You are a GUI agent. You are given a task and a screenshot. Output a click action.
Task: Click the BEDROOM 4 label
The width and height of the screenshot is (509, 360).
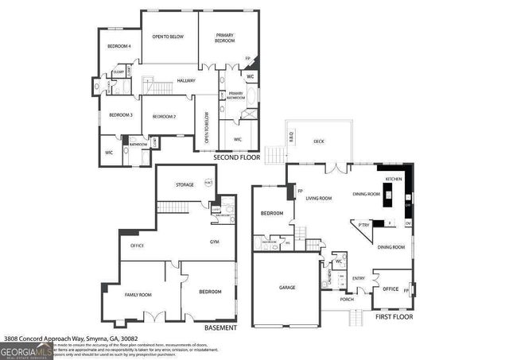[x=119, y=47]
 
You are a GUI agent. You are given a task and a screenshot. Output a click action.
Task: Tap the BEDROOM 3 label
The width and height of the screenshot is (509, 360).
[x=120, y=115]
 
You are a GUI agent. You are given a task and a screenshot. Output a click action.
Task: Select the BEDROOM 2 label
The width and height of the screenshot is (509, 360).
[x=164, y=117]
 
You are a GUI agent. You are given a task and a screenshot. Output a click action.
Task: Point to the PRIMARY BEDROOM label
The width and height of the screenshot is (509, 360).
[x=225, y=37]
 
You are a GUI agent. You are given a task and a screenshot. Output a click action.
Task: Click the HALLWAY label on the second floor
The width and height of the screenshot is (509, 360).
[x=186, y=80]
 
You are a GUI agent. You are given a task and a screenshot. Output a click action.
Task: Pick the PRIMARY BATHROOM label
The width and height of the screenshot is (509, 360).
[x=235, y=95]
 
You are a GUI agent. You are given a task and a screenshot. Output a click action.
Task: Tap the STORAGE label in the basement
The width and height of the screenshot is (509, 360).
[x=185, y=185]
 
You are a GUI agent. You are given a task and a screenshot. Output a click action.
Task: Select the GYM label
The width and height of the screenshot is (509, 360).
[x=214, y=241]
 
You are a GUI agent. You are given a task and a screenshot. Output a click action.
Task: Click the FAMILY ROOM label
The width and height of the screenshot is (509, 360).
[x=138, y=295]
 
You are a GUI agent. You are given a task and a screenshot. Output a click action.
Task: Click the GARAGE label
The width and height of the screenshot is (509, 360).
[x=286, y=287]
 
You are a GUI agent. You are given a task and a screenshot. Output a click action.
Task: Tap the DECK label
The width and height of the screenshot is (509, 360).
[x=318, y=141]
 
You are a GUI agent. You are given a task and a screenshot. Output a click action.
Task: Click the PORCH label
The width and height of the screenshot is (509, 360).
[x=347, y=300]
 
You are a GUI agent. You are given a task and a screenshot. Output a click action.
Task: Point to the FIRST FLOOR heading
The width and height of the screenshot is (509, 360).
[x=394, y=316]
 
